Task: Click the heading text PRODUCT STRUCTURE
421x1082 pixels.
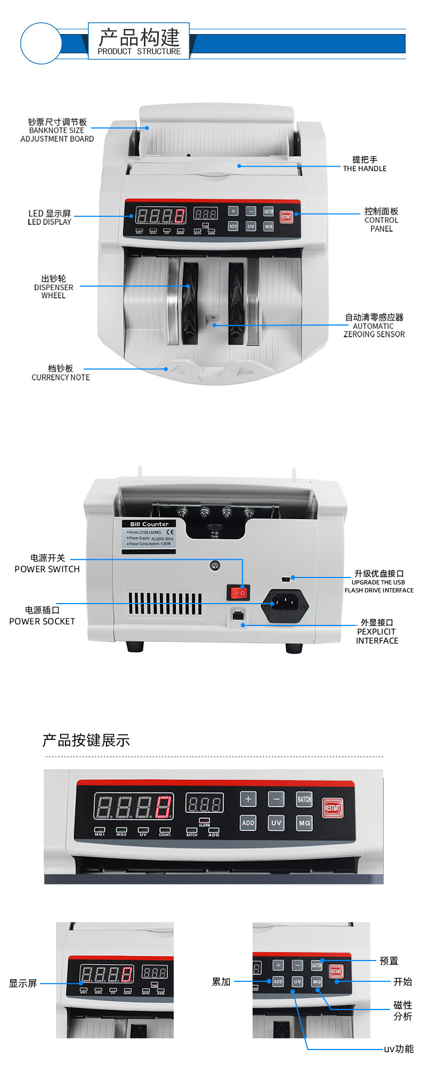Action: [x=139, y=51]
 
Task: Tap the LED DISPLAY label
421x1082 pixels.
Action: [x=50, y=217]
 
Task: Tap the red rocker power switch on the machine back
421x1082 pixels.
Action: [x=238, y=592]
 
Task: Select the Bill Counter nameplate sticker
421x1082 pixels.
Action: [x=149, y=536]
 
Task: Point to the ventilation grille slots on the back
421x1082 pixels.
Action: [x=165, y=604]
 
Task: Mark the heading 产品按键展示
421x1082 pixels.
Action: [x=86, y=741]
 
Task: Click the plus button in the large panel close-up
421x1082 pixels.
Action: [x=248, y=799]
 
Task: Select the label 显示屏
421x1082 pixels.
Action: [x=23, y=983]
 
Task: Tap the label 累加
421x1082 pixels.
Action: [x=221, y=982]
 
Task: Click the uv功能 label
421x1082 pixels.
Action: [x=399, y=1049]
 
